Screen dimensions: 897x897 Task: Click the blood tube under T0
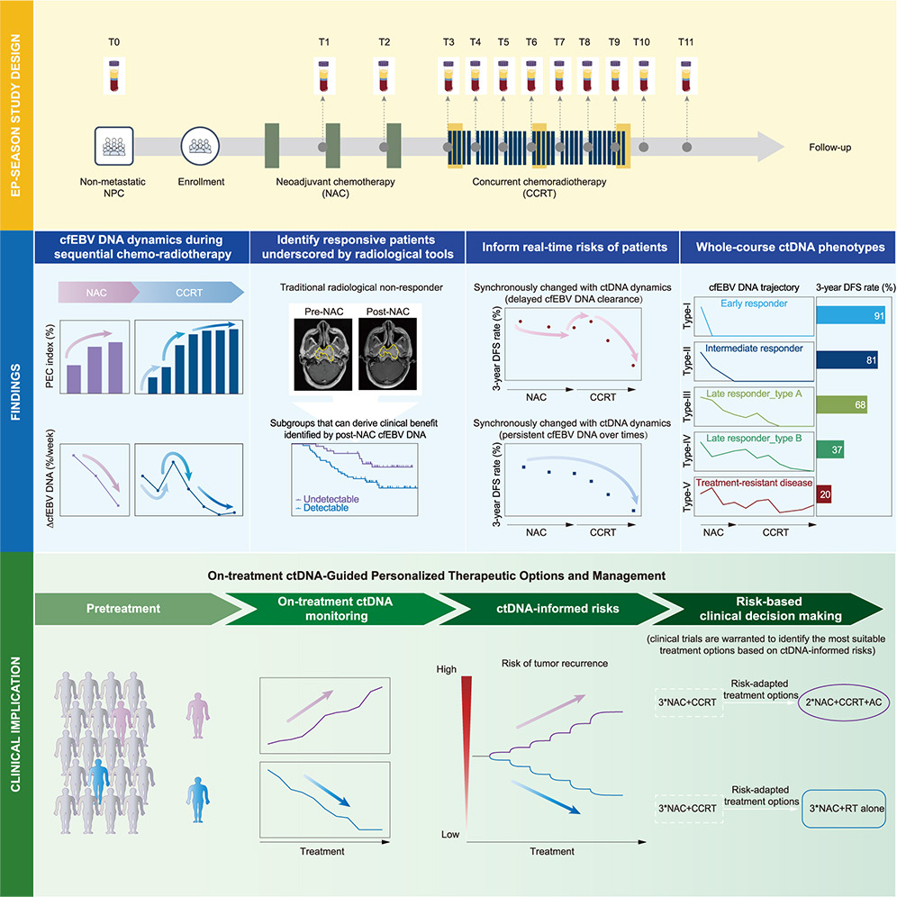pyautogui.click(x=114, y=76)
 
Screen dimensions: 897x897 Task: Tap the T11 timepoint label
pyautogui.click(x=685, y=41)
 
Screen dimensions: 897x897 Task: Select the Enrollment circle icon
pyautogui.click(x=200, y=147)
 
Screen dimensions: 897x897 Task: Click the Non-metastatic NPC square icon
pyautogui.click(x=113, y=146)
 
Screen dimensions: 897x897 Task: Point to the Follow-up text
pyautogui.click(x=829, y=147)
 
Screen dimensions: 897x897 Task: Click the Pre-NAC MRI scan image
pyautogui.click(x=323, y=355)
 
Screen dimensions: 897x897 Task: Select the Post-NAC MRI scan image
pyautogui.click(x=388, y=355)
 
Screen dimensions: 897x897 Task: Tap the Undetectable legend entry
pyautogui.click(x=327, y=499)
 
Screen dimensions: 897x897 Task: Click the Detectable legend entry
pyautogui.click(x=322, y=507)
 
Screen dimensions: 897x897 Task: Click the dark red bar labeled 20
pyautogui.click(x=824, y=494)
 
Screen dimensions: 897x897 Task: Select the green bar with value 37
pyautogui.click(x=830, y=449)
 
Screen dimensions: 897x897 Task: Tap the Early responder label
pyautogui.click(x=754, y=304)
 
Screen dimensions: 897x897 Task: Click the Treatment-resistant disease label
pyautogui.click(x=754, y=482)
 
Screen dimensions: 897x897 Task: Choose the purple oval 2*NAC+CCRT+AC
pyautogui.click(x=844, y=702)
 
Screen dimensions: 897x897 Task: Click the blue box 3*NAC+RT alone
pyautogui.click(x=844, y=809)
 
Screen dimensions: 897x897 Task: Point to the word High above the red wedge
pyautogui.click(x=446, y=669)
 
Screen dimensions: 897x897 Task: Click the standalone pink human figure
pyautogui.click(x=198, y=715)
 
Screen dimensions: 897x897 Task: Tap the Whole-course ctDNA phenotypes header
pyautogui.click(x=790, y=247)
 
